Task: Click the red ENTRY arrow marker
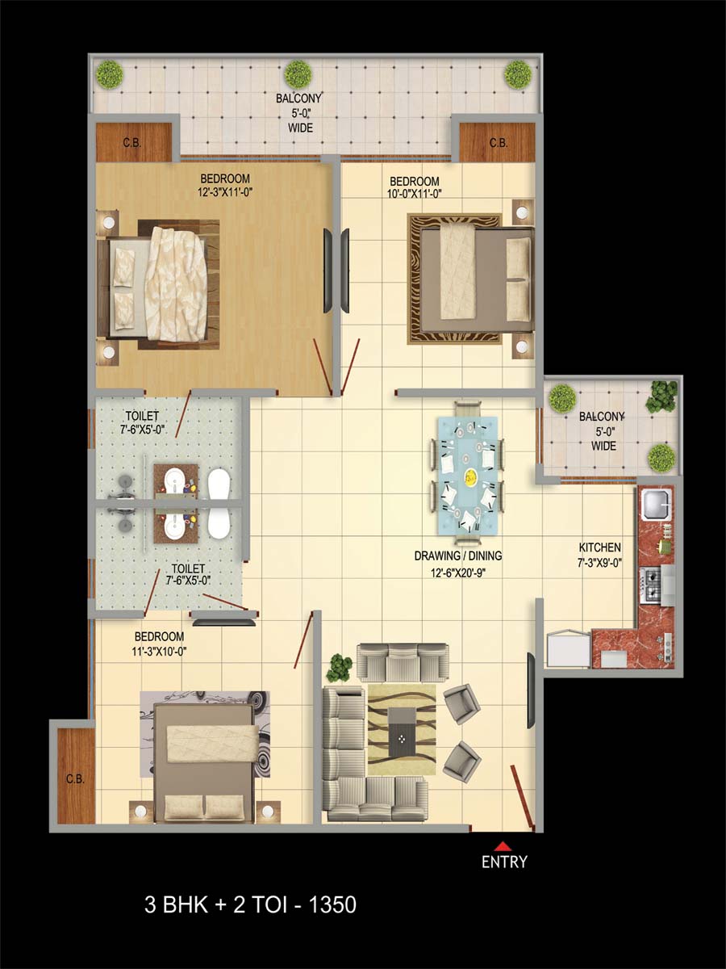point(502,845)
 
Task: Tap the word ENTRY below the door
point(504,862)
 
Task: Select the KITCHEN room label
point(599,547)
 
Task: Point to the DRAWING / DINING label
point(458,556)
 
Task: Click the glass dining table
point(468,476)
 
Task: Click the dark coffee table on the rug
point(402,732)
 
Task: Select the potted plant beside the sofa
point(340,668)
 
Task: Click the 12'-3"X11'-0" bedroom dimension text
point(225,192)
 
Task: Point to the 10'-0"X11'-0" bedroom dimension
point(415,193)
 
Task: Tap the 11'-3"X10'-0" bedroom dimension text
point(159,651)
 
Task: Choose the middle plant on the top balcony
point(298,73)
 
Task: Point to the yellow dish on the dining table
point(471,476)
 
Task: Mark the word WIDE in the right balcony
point(603,446)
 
